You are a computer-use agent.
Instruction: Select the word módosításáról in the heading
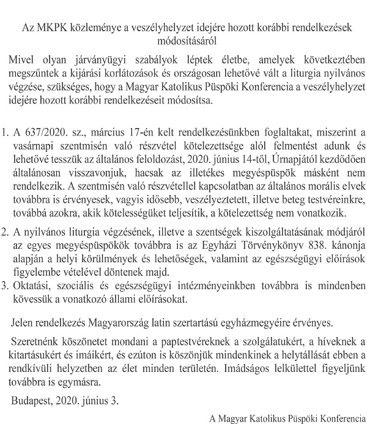(x=183, y=41)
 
